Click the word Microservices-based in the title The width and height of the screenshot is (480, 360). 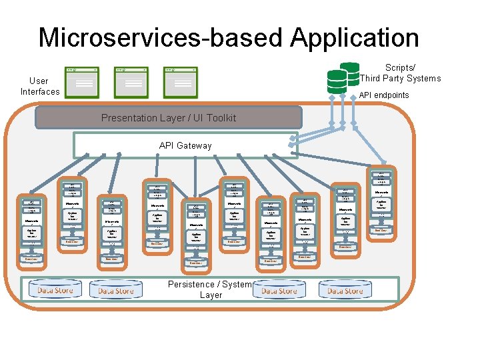click(157, 37)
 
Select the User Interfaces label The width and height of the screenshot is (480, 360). click(40, 86)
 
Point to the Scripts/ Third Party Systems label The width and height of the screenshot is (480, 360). click(400, 73)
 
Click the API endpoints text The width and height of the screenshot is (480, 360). click(384, 95)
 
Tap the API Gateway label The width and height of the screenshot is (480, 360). click(185, 145)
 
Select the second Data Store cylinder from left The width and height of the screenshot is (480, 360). click(115, 290)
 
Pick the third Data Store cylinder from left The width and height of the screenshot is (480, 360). click(279, 290)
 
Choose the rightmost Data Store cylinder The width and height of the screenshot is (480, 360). click(345, 290)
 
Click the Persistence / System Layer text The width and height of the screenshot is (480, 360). click(211, 289)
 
